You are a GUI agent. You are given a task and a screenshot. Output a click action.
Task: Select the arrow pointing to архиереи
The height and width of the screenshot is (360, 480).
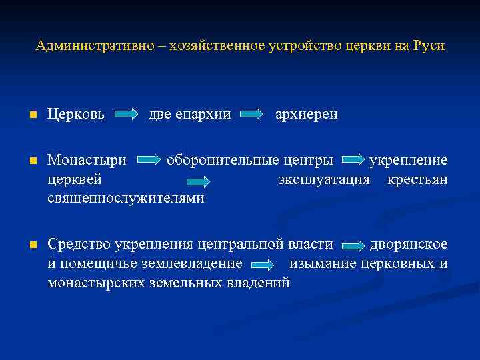pos(251,115)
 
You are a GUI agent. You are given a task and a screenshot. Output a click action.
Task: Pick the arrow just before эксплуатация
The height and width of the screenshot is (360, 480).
pos(225,180)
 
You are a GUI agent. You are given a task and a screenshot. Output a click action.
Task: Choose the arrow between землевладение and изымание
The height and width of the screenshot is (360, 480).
pos(263,265)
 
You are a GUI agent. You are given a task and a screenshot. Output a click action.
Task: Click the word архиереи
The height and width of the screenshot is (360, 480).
pos(306,114)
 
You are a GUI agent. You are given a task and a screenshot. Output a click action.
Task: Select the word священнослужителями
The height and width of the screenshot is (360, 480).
pos(126,199)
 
